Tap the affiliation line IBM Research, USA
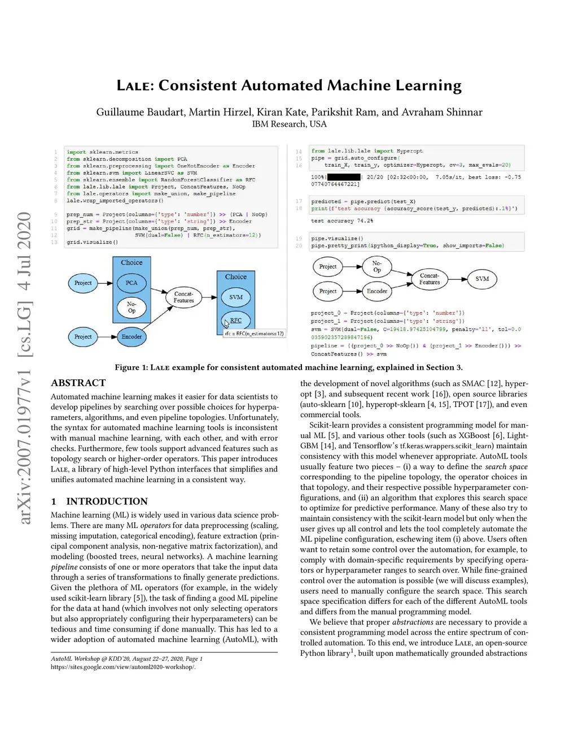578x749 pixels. pos(289,124)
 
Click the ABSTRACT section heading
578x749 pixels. pos(78,383)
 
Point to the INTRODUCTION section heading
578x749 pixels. pos(107,501)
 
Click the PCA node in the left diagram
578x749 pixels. pos(132,283)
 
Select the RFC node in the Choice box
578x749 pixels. pos(236,321)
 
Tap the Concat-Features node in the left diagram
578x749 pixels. pos(183,297)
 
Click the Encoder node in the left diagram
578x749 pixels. pos(132,337)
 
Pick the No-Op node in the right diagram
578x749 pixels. pos(377,266)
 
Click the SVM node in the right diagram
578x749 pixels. pos(482,279)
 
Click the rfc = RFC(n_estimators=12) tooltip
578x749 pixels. pos(254,334)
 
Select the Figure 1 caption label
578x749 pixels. pos(131,367)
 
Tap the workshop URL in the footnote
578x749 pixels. pos(123,667)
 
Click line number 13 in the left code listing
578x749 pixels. pos(54,242)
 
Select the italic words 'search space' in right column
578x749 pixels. pos(506,466)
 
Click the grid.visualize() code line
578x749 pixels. pos(92,242)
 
